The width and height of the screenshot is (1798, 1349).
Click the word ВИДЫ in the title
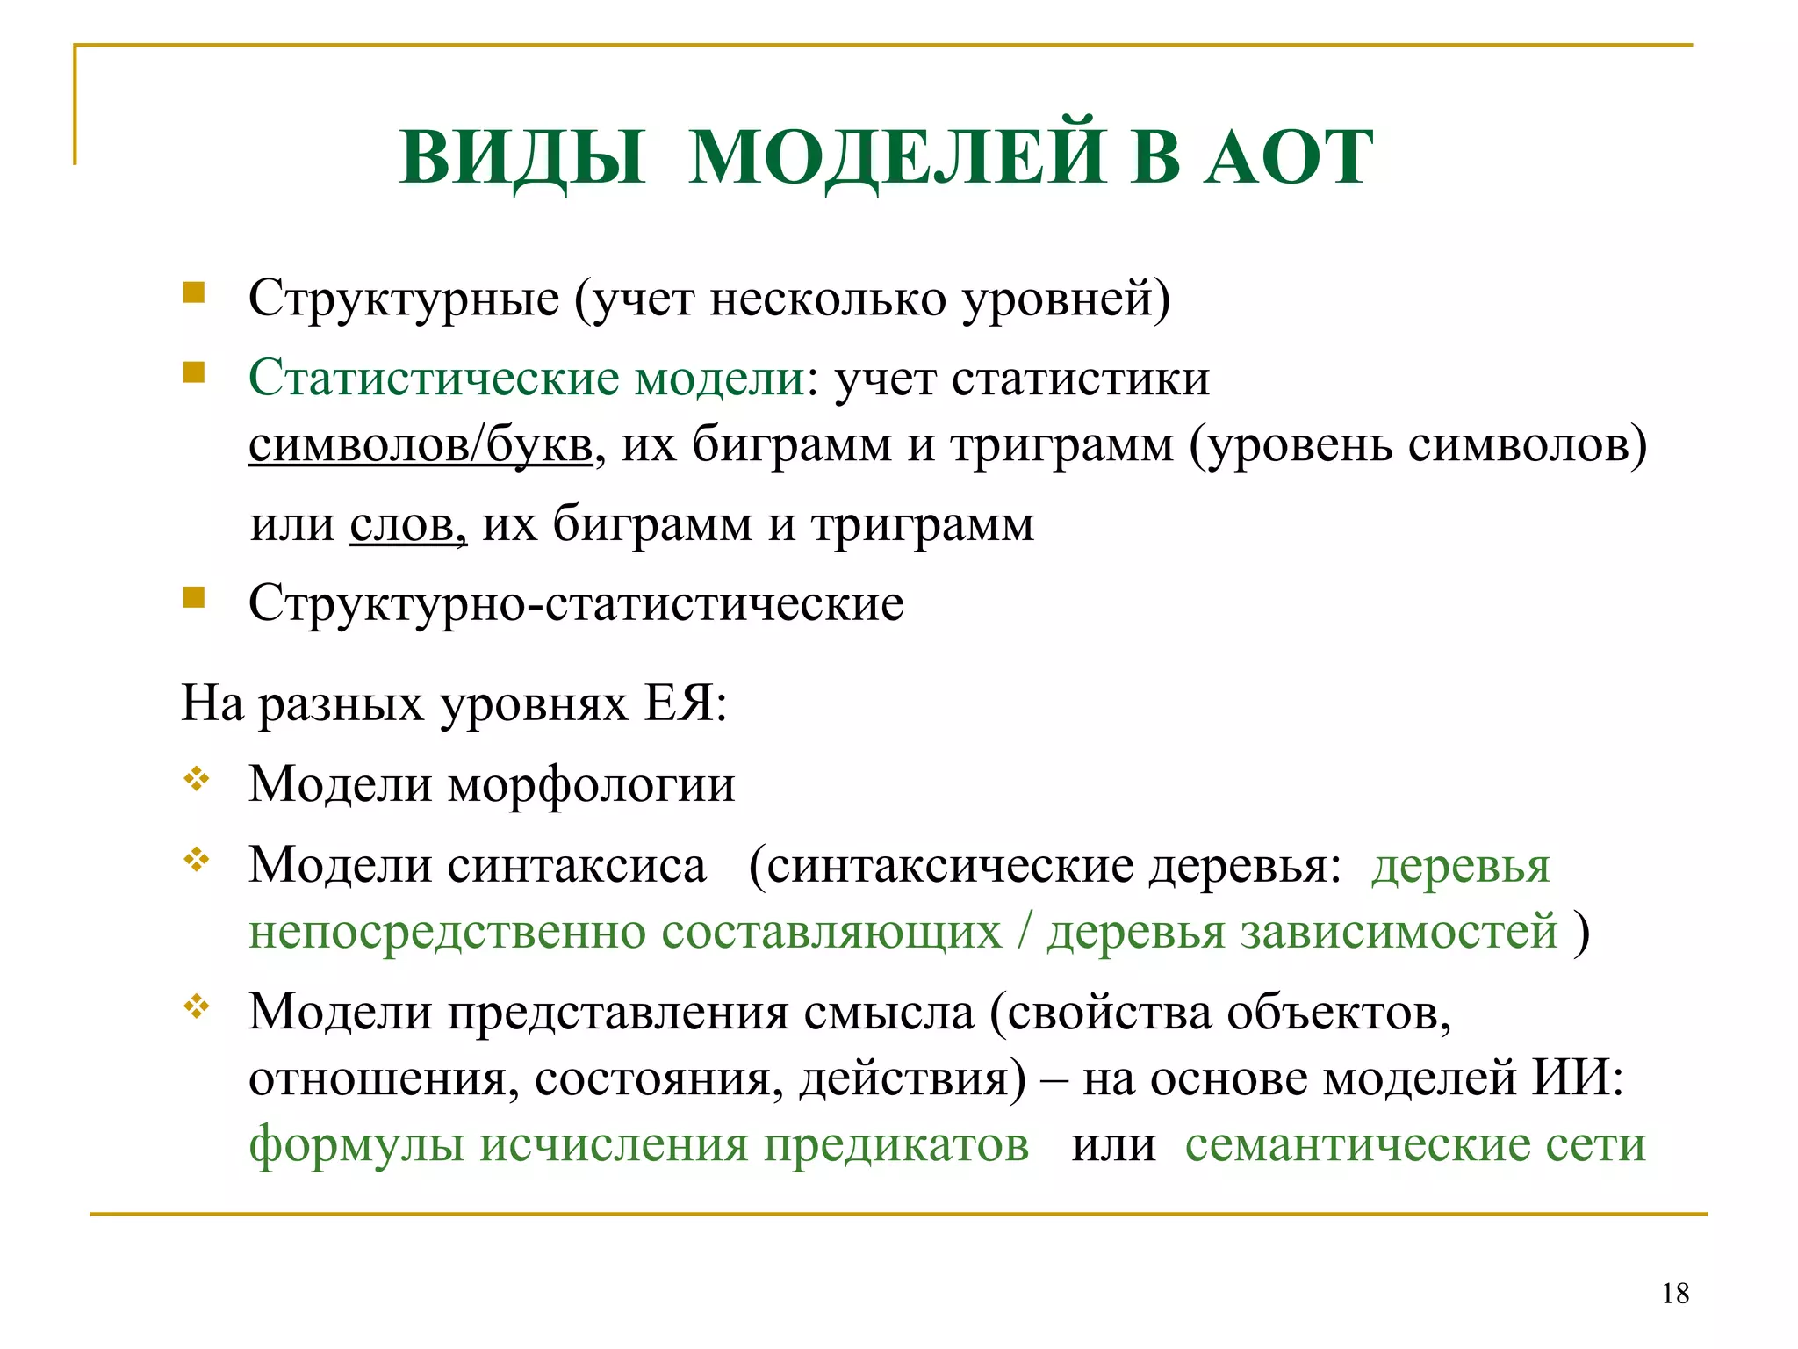523,158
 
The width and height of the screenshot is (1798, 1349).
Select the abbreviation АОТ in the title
1289,158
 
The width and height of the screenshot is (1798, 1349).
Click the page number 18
1675,1294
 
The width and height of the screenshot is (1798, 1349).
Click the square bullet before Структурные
194,292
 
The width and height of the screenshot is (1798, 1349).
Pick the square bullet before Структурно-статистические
194,597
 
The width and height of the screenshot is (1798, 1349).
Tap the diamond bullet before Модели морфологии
196,778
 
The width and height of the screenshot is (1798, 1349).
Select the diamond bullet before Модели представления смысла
196,1006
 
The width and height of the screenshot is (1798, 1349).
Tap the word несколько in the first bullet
828,299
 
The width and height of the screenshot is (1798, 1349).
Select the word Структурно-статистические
576,603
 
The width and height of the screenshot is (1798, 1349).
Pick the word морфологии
592,784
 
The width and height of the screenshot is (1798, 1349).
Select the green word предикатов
895,1144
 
